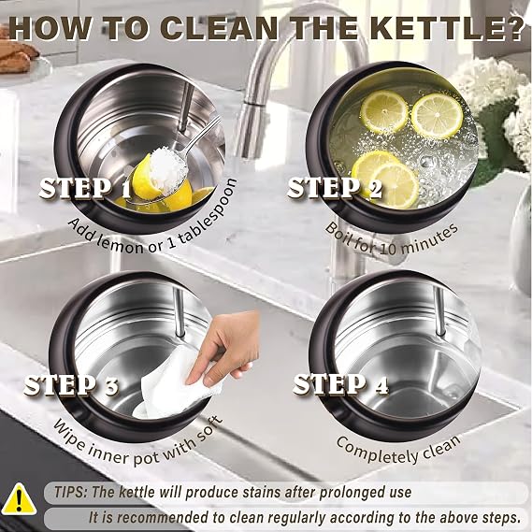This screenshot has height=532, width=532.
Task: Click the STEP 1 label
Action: click(x=84, y=188)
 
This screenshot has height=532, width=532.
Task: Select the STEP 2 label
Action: click(x=334, y=188)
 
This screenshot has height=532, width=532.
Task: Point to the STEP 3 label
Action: click(x=71, y=385)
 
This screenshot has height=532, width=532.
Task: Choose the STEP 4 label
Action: click(x=340, y=384)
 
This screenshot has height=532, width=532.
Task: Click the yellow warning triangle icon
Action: click(x=21, y=499)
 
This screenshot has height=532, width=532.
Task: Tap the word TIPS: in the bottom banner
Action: click(x=70, y=492)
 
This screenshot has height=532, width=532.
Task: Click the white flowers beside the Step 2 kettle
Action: click(x=496, y=102)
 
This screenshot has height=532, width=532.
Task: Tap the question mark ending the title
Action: click(x=513, y=29)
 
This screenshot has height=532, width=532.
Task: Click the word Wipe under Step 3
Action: click(x=69, y=432)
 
